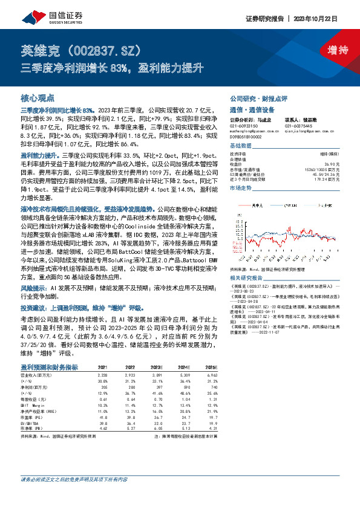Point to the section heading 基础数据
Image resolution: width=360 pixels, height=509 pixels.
[240, 146]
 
